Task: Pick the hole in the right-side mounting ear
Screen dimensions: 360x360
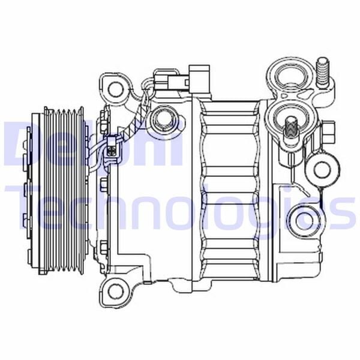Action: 322,169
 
